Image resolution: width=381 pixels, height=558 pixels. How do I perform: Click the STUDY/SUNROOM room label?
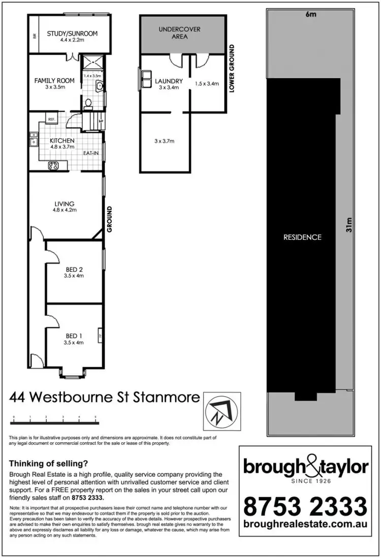pyautogui.click(x=72, y=34)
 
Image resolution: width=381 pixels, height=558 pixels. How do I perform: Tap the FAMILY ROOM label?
pyautogui.click(x=54, y=81)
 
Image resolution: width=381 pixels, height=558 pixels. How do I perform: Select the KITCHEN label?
pyautogui.click(x=62, y=141)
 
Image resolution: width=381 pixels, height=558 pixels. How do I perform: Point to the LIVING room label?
pyautogui.click(x=65, y=204)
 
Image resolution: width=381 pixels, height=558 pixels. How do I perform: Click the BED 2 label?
pyautogui.click(x=73, y=269)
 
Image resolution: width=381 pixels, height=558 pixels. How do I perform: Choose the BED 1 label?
pyautogui.click(x=73, y=336)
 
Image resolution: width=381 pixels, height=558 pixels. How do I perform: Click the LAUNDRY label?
pyautogui.click(x=169, y=81)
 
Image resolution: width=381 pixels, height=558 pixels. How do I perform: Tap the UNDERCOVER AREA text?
pyautogui.click(x=180, y=33)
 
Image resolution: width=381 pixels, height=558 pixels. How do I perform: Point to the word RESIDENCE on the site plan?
pyautogui.click(x=303, y=237)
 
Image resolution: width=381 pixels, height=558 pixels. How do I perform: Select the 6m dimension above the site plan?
pyautogui.click(x=310, y=14)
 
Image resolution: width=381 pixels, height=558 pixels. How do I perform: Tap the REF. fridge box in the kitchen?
pyautogui.click(x=51, y=119)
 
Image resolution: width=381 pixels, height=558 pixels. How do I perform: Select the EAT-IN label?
pyautogui.click(x=92, y=152)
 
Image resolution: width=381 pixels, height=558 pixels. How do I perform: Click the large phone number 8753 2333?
pyautogui.click(x=305, y=506)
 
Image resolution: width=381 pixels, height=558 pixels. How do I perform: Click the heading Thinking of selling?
pyautogui.click(x=49, y=463)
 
